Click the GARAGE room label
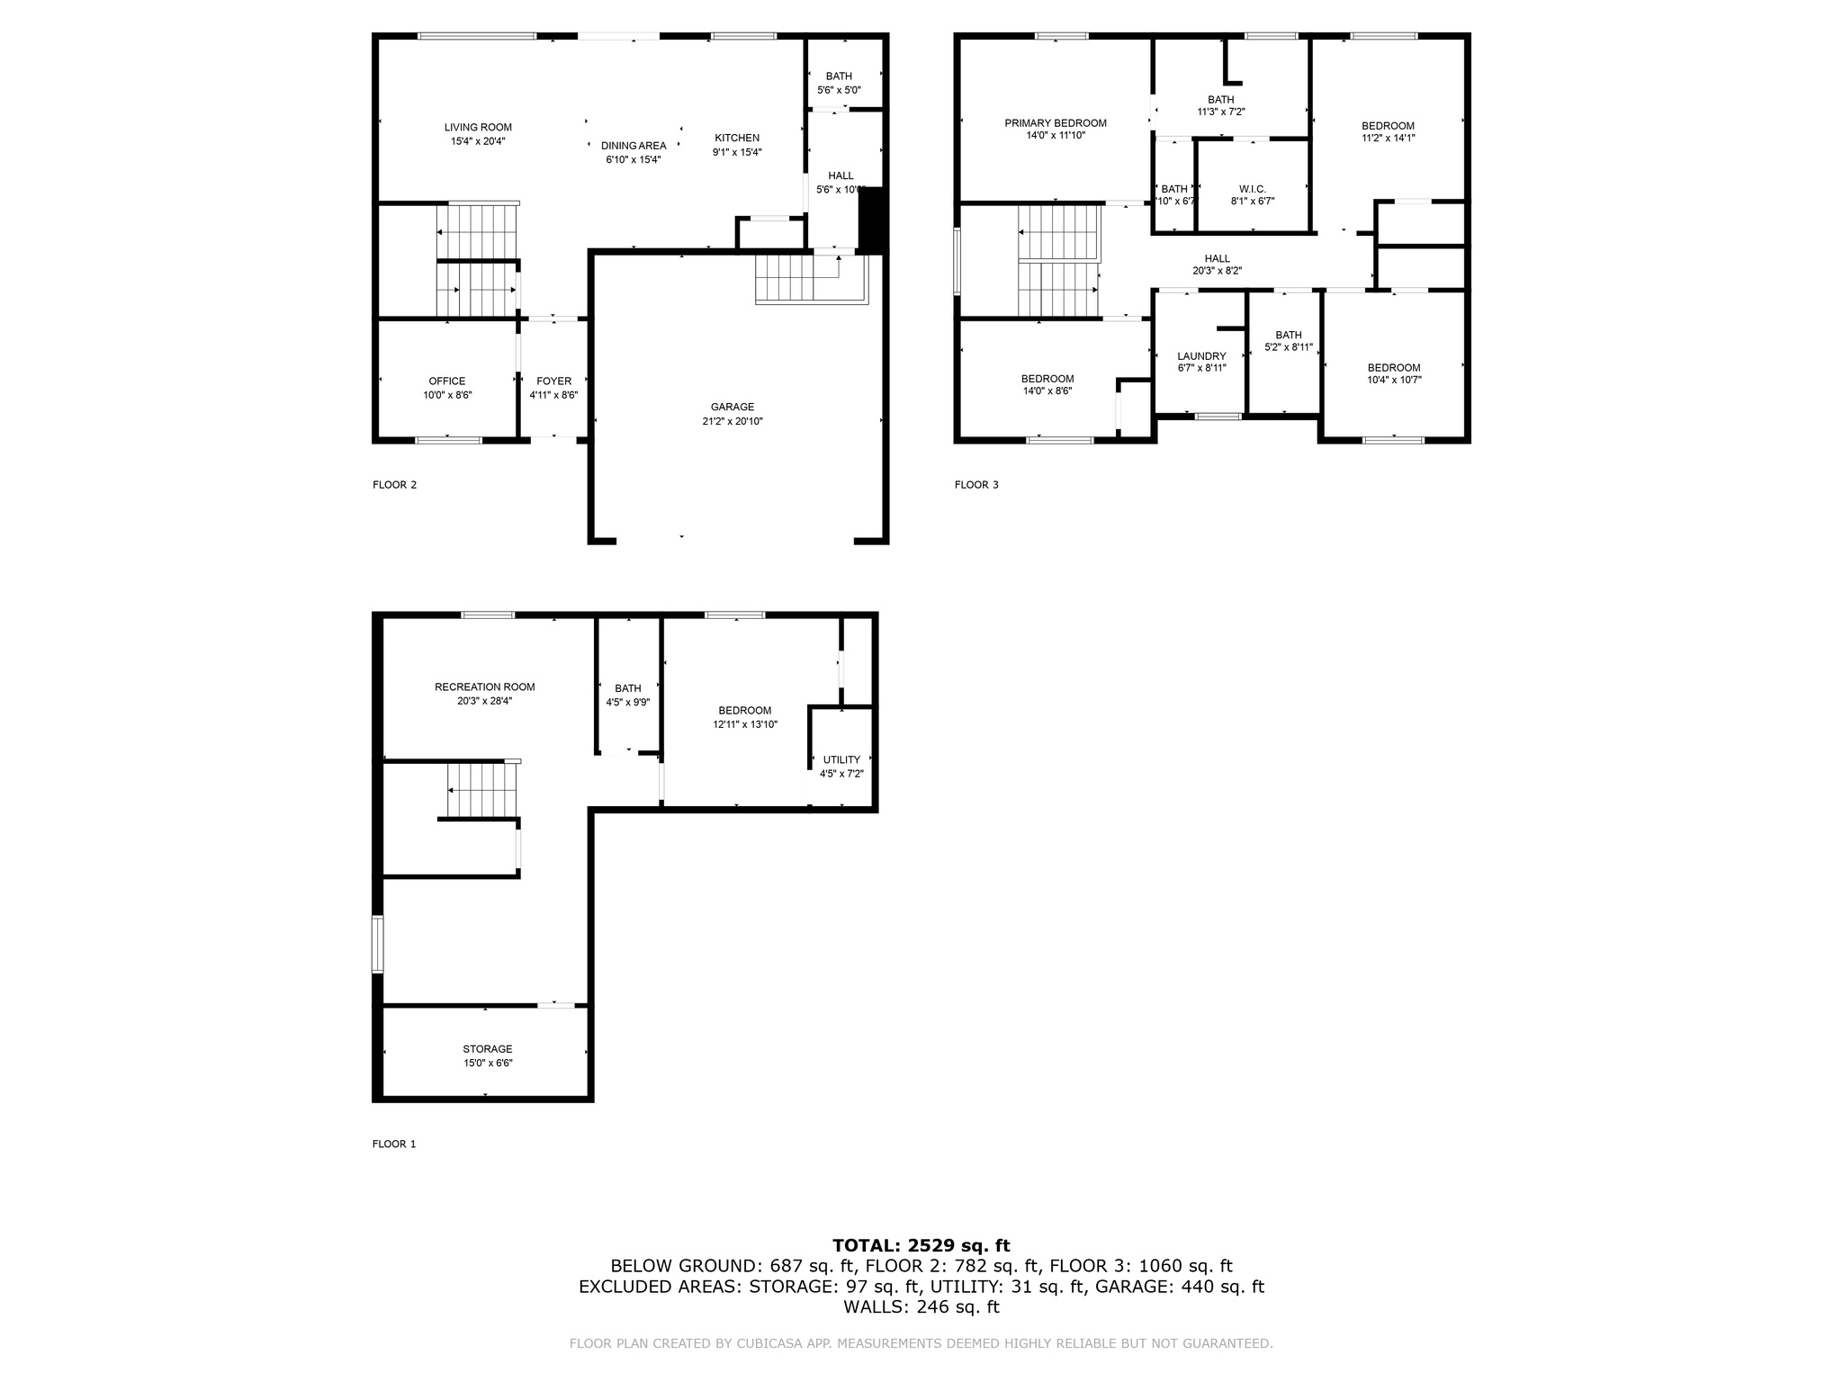click(732, 407)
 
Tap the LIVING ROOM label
click(478, 128)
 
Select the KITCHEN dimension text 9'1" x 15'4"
click(737, 152)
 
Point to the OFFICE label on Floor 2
click(447, 381)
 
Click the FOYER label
click(553, 381)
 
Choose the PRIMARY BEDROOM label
click(1056, 123)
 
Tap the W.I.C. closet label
click(1252, 189)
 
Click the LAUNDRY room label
click(1201, 356)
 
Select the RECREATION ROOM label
click(484, 687)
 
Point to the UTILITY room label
click(841, 760)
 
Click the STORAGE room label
click(488, 1049)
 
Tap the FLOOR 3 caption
click(976, 485)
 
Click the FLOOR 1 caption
click(394, 1144)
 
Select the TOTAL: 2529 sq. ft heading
click(921, 1246)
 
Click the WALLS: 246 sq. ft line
click(921, 1307)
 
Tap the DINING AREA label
click(634, 146)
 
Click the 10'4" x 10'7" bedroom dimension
click(1394, 380)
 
